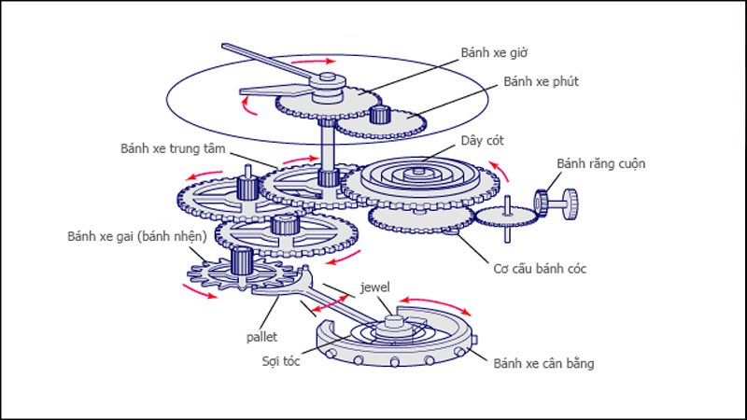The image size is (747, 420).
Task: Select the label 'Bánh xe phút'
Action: tap(542, 82)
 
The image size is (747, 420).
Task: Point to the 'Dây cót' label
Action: tap(481, 141)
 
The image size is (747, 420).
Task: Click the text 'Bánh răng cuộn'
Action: tap(600, 164)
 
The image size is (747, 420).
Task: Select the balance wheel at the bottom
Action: tap(397, 341)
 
